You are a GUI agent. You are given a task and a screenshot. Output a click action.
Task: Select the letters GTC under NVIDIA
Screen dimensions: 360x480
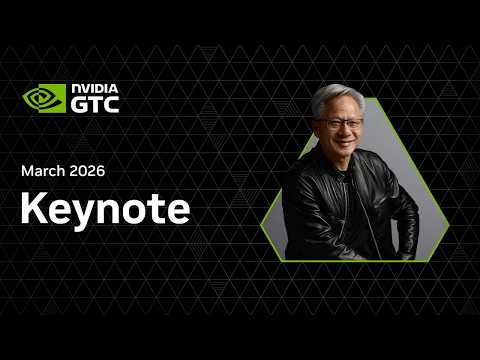click(x=95, y=104)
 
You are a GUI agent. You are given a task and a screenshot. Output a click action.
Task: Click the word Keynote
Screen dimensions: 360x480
click(x=104, y=210)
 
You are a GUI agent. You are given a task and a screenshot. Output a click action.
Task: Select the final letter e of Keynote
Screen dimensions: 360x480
click(x=176, y=212)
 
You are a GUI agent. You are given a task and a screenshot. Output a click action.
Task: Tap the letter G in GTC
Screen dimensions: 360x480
click(x=80, y=104)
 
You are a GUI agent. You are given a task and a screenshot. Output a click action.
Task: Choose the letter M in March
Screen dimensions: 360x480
click(x=27, y=171)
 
